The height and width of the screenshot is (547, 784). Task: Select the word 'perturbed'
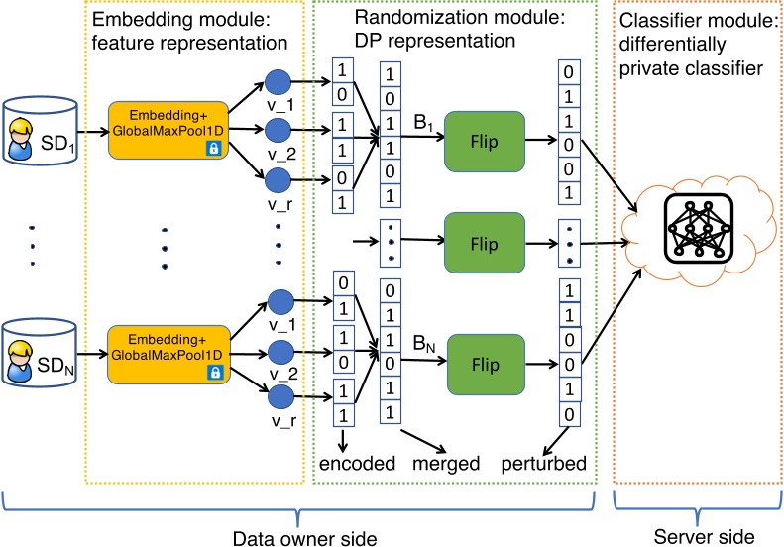click(x=548, y=462)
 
